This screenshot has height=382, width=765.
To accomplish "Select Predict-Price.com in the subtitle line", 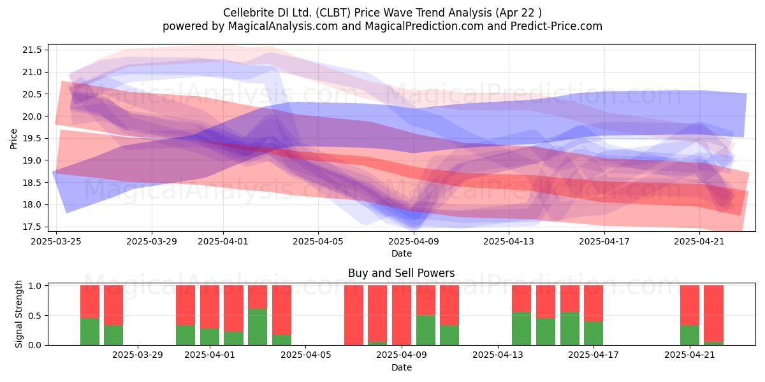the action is (x=557, y=26).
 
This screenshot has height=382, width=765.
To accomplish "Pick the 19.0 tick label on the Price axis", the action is (x=32, y=160).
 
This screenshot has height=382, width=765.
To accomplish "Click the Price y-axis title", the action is (x=13, y=139).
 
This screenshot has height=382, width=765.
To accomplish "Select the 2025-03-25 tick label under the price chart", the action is (x=56, y=241).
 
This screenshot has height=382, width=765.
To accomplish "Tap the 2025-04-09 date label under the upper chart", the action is (x=414, y=241).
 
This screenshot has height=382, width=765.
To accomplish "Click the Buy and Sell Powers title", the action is (x=401, y=273).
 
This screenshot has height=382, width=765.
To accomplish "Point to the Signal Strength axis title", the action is (x=18, y=314).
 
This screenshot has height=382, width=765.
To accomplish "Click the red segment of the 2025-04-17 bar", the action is (x=594, y=303).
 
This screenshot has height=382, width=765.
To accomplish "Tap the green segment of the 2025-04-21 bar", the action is (x=690, y=336).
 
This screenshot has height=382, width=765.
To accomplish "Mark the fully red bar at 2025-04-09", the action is (x=402, y=315).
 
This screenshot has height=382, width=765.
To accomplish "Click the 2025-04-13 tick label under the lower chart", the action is (x=498, y=355).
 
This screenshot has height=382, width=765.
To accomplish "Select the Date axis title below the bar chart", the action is (x=401, y=367).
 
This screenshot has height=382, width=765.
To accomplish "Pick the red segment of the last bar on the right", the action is (x=714, y=314).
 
